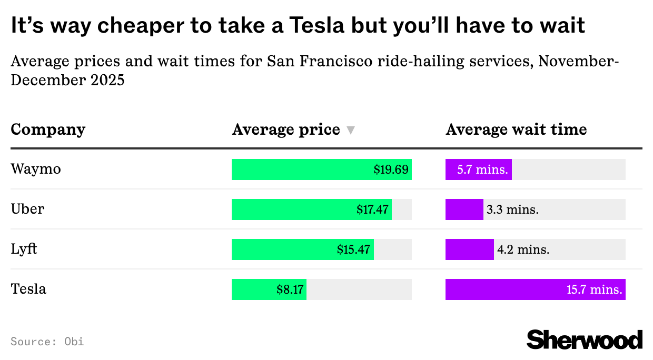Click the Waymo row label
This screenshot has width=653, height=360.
36,169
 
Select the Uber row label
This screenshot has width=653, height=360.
27,209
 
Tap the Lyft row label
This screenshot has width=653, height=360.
24,249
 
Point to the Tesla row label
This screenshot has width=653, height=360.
28,289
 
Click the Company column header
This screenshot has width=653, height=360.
48,129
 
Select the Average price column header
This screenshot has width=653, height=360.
286,129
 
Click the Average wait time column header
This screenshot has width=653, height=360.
516,129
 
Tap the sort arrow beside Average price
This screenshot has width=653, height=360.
351,131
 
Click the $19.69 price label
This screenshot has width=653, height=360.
391,169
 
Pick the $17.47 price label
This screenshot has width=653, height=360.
372,209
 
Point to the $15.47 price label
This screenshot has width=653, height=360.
353,249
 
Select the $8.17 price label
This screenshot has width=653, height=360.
290,289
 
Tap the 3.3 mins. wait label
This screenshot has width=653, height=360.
512,210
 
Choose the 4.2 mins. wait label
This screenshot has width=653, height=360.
523,250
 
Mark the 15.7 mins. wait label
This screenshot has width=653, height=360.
594,289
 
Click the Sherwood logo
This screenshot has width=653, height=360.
585,339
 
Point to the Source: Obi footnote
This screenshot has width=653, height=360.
47,341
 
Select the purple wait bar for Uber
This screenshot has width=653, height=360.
464,209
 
